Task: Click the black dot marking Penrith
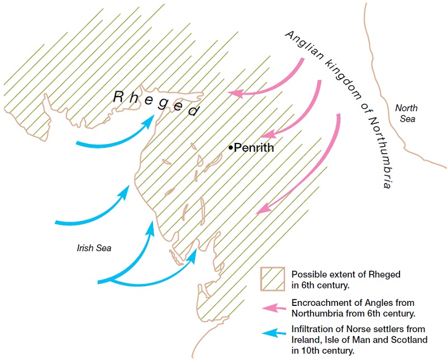coord(230,147)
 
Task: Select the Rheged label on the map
coord(156,103)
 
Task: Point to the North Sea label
coord(406,113)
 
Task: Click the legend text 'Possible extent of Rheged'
coord(346,274)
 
